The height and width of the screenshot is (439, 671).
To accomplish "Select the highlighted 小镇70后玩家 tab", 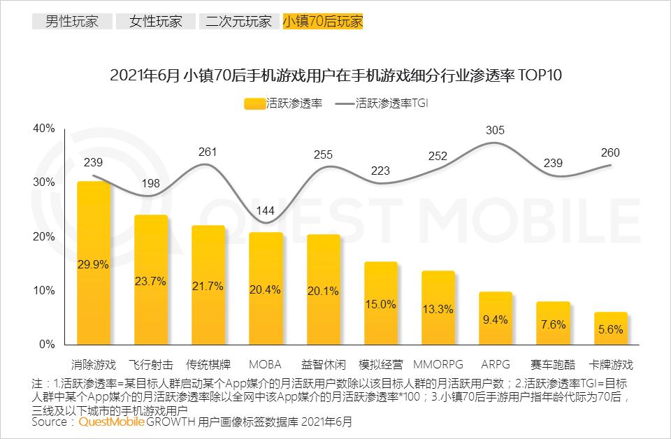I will coord(323,21).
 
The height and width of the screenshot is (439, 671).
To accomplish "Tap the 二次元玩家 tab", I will coord(238,21).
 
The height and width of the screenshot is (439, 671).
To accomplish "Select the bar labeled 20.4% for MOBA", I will coord(266,288).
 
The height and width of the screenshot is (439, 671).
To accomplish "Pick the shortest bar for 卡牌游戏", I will coord(610,329).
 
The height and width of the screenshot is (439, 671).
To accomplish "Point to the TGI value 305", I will coord(495,130).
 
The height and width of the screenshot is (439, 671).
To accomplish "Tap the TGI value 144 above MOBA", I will coord(266,213).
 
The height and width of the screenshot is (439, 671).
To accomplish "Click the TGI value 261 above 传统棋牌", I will coord(208,152).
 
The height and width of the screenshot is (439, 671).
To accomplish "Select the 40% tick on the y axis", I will coord(43,129).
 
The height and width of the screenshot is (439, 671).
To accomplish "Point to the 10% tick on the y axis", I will coord(43,290).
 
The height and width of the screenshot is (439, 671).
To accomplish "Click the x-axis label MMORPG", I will coord(438,365).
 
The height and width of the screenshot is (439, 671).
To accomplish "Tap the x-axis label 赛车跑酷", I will coord(553,365).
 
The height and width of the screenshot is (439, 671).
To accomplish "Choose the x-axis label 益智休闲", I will coord(323,365).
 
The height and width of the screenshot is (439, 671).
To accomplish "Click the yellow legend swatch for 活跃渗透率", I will coord(254,103).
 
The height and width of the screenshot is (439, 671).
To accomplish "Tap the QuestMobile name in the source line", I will coord(112,422).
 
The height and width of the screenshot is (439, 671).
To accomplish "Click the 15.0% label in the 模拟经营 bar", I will coord(380,304).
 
